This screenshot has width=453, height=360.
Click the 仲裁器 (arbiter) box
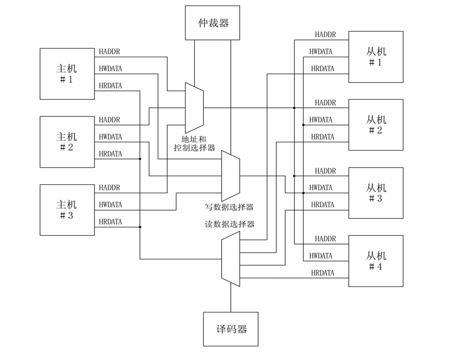(x=212, y=22)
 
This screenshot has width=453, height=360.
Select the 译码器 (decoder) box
(x=230, y=329)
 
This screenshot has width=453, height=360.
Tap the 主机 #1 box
(x=67, y=74)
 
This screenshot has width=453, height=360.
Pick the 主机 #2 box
(x=67, y=142)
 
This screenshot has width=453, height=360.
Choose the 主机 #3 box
(x=67, y=210)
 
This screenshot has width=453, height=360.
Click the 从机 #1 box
(x=376, y=57)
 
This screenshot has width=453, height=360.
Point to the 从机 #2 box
(x=376, y=125)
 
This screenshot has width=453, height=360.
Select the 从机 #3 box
(x=376, y=193)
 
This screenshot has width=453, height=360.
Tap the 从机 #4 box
(x=376, y=261)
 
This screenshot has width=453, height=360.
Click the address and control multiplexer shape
(x=194, y=108)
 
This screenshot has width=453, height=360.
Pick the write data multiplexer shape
(x=230, y=176)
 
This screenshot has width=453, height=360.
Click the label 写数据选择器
(x=230, y=206)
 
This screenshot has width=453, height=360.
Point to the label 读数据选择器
(x=230, y=224)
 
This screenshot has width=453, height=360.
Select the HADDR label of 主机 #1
(x=109, y=52)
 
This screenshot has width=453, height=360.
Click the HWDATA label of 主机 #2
(x=111, y=137)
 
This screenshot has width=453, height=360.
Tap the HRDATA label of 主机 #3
(x=111, y=222)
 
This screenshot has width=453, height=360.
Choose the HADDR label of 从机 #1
(x=326, y=35)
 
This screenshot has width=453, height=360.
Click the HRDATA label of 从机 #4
(x=323, y=273)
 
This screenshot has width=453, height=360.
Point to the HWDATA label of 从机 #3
(x=321, y=187)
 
